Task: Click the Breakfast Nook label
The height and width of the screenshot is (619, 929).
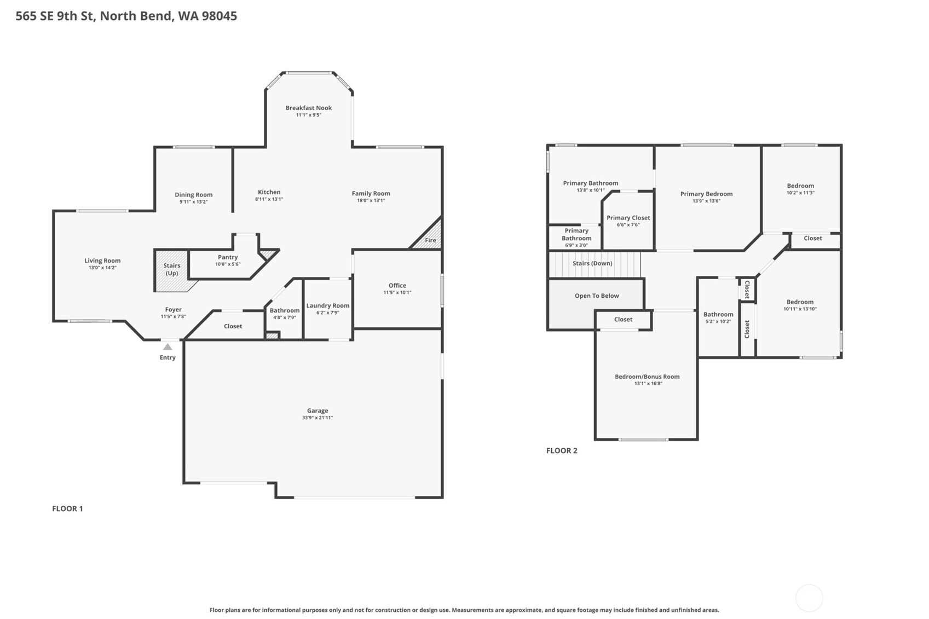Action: (x=308, y=108)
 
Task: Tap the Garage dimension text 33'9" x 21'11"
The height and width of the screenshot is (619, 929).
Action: (x=317, y=418)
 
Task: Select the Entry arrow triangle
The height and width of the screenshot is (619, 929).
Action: (x=168, y=347)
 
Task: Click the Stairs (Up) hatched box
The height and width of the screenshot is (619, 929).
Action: (x=171, y=269)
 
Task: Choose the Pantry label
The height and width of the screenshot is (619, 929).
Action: (x=227, y=257)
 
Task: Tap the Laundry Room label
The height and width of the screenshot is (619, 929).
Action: (x=327, y=306)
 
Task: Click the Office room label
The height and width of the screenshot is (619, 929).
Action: (x=397, y=285)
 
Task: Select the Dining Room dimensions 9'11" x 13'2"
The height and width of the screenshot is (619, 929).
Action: (x=193, y=202)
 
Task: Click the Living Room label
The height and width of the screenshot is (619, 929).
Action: (x=102, y=261)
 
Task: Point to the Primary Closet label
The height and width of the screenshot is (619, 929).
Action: (x=628, y=218)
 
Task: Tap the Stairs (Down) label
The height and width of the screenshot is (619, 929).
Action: (x=592, y=263)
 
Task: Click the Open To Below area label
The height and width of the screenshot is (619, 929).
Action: (x=596, y=296)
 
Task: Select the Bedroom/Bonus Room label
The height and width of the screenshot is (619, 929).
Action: (x=647, y=377)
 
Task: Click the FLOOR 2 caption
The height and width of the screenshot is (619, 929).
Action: (x=561, y=450)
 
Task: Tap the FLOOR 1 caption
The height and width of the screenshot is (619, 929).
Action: (x=67, y=508)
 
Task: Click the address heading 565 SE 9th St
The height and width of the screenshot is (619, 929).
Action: (x=126, y=16)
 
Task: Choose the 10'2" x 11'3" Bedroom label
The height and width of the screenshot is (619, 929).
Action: (x=800, y=186)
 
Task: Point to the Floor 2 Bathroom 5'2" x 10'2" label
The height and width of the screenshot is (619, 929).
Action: (x=718, y=315)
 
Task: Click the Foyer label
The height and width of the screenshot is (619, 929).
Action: (x=173, y=310)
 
